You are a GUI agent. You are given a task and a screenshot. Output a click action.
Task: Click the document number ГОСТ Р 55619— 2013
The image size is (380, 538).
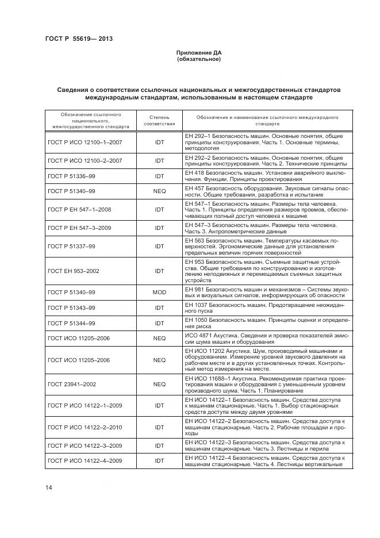[78, 39]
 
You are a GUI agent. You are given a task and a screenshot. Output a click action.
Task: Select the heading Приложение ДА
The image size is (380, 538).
[198, 53]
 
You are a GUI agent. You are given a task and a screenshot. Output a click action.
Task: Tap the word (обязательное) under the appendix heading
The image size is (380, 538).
[198, 59]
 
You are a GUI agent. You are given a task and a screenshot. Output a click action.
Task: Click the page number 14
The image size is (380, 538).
[49, 487]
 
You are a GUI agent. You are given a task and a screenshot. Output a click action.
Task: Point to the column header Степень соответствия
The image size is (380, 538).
[159, 120]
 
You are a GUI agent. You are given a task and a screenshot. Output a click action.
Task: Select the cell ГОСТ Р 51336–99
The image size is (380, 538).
[71, 176]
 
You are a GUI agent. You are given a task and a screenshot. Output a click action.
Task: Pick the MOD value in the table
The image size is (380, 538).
[159, 292]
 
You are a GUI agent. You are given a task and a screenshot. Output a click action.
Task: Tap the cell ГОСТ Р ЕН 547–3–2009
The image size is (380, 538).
[83, 228]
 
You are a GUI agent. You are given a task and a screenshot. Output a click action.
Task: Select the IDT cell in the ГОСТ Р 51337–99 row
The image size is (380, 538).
[159, 246]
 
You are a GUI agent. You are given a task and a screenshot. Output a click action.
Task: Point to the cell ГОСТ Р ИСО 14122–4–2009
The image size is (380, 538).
[85, 460]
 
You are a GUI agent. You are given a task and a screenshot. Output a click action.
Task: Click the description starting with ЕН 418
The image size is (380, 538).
[264, 176]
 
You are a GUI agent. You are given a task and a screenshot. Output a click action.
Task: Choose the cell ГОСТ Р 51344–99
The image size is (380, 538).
[71, 323]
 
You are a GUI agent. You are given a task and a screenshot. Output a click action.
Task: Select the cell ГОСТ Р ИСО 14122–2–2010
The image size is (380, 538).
[85, 427]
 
